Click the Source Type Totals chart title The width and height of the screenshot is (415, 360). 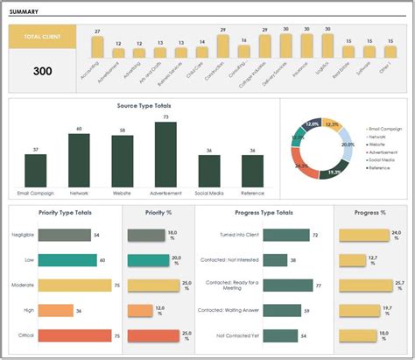pyautogui.click(x=144, y=105)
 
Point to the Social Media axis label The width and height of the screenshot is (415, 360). pyautogui.click(x=208, y=192)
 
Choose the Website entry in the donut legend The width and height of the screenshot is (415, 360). pyautogui.click(x=379, y=144)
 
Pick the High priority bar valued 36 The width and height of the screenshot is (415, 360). pyautogui.click(x=55, y=310)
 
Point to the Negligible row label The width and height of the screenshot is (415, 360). pyautogui.click(x=23, y=235)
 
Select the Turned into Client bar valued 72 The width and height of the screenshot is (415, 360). pyautogui.click(x=285, y=235)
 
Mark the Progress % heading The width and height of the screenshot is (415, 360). pyautogui.click(x=371, y=212)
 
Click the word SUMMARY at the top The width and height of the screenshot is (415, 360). pyautogui.click(x=27, y=11)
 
